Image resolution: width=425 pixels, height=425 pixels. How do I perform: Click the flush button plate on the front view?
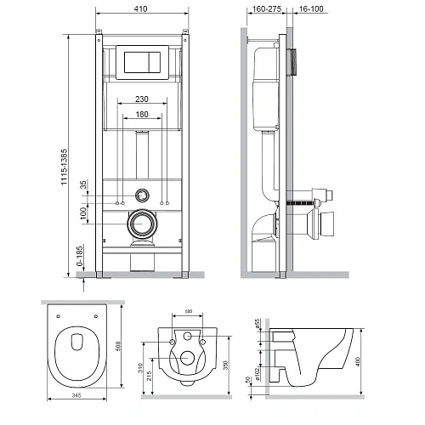pyautogui.click(x=143, y=63)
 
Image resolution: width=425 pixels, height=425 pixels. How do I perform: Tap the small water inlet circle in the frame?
pyautogui.click(x=143, y=193)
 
